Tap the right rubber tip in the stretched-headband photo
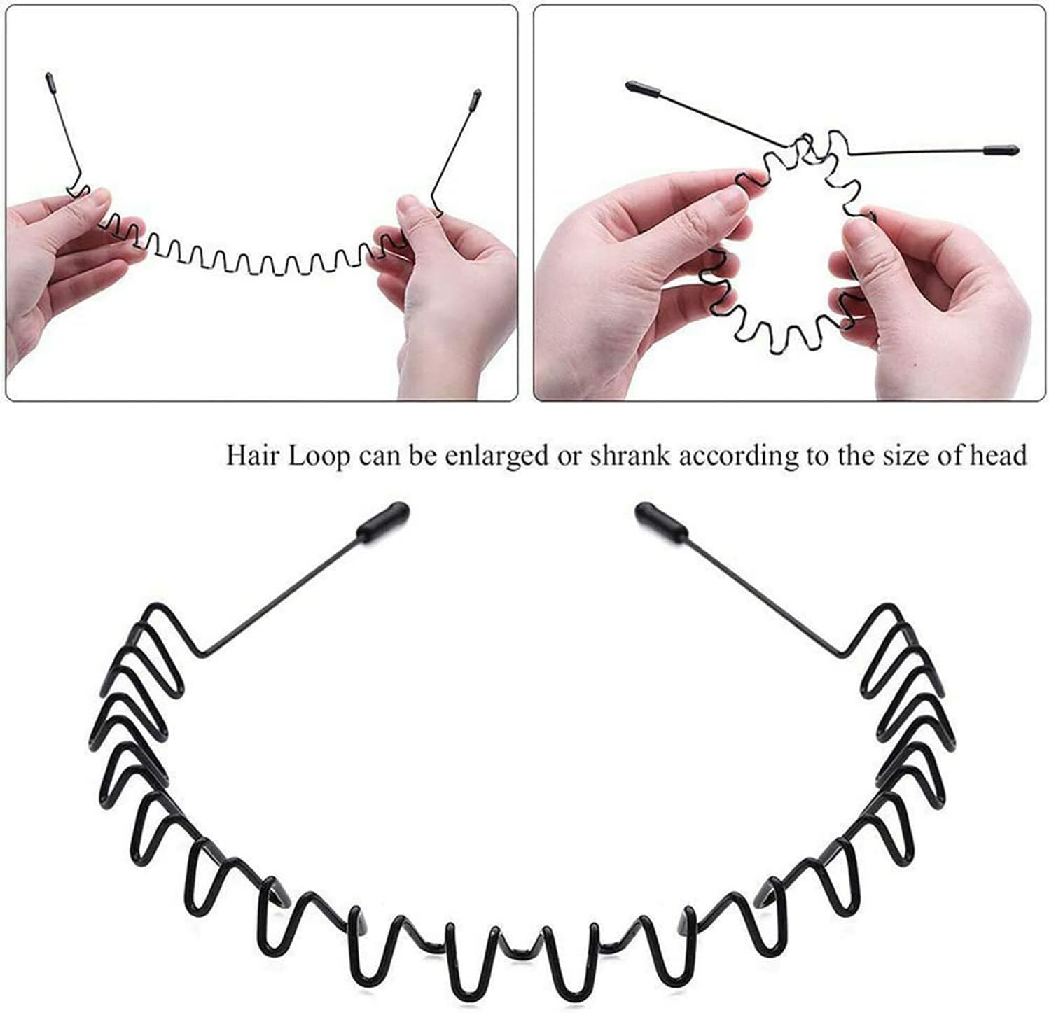[477, 95]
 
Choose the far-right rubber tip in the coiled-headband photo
[1003, 150]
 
